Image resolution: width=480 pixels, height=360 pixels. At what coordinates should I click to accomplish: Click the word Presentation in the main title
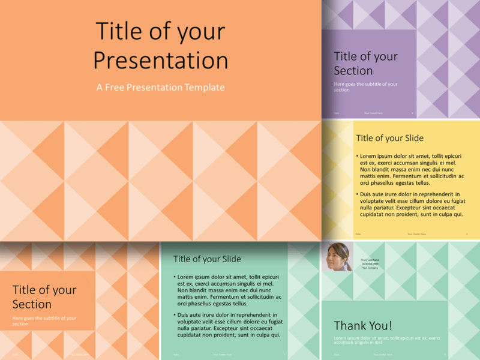160,61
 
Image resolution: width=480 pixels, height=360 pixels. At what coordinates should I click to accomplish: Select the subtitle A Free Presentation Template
160,88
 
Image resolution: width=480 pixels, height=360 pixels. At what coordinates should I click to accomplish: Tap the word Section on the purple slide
353,71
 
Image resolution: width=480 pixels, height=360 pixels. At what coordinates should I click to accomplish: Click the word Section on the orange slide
32,304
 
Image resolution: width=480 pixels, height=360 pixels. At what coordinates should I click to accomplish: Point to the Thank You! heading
362,326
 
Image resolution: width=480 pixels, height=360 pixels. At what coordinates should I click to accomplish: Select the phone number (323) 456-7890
370,263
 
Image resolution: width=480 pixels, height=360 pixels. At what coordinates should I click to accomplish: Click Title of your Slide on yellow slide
389,138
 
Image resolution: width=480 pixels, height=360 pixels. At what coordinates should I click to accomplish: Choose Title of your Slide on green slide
207,259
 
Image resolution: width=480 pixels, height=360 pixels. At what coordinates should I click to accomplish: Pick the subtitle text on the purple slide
365,87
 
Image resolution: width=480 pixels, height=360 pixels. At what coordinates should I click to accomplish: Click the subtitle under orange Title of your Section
44,320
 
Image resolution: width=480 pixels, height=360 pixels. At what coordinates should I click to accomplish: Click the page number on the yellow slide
467,234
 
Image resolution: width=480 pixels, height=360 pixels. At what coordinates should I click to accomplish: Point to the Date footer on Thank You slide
336,355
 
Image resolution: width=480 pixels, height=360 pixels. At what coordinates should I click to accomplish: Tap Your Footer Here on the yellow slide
416,234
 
